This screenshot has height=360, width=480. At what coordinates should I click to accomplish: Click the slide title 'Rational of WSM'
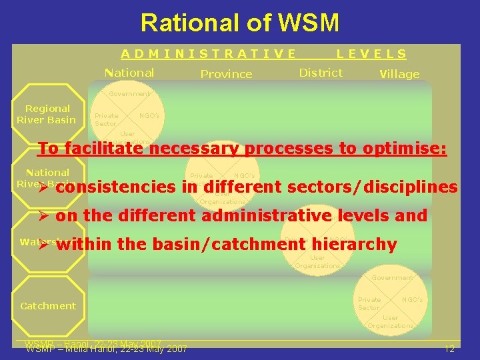(239, 23)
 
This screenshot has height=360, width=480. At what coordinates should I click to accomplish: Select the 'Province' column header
(226, 74)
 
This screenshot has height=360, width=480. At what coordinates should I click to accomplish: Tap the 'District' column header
(321, 73)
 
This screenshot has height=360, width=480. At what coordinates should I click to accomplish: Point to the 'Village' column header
(399, 74)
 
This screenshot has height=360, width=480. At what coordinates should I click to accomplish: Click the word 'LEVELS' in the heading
(371, 54)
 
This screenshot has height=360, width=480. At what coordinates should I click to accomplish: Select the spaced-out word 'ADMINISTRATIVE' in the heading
(208, 54)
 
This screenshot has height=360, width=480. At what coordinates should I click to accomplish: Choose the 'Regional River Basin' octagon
(46, 114)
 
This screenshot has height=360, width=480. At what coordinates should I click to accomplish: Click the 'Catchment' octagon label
(47, 306)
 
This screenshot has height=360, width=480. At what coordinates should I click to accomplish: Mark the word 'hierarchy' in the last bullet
(359, 245)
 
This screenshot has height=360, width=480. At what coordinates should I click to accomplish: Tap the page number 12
(449, 349)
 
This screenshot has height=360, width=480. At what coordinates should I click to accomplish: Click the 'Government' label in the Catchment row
(391, 277)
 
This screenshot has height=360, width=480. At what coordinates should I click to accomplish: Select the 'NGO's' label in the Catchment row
(412, 300)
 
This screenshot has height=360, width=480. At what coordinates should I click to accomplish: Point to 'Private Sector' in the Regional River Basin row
(106, 119)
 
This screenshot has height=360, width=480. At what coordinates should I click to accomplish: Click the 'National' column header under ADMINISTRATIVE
(129, 73)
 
